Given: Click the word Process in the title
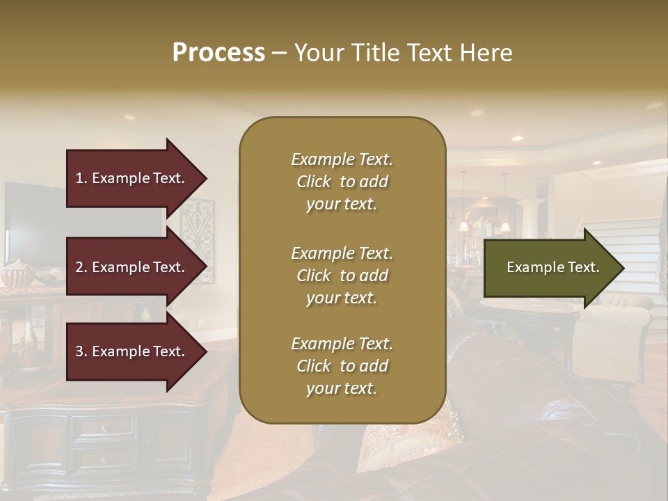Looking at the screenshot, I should pyautogui.click(x=218, y=53).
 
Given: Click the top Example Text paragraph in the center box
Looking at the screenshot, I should pyautogui.click(x=342, y=182).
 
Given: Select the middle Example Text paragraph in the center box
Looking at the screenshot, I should pyautogui.click(x=342, y=276).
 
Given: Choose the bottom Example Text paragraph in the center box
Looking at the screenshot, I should pyautogui.click(x=342, y=366).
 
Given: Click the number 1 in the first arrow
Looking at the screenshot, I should pyautogui.click(x=79, y=178).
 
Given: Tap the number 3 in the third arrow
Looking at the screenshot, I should pyautogui.click(x=79, y=351).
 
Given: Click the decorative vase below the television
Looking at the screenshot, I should pyautogui.click(x=15, y=273).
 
